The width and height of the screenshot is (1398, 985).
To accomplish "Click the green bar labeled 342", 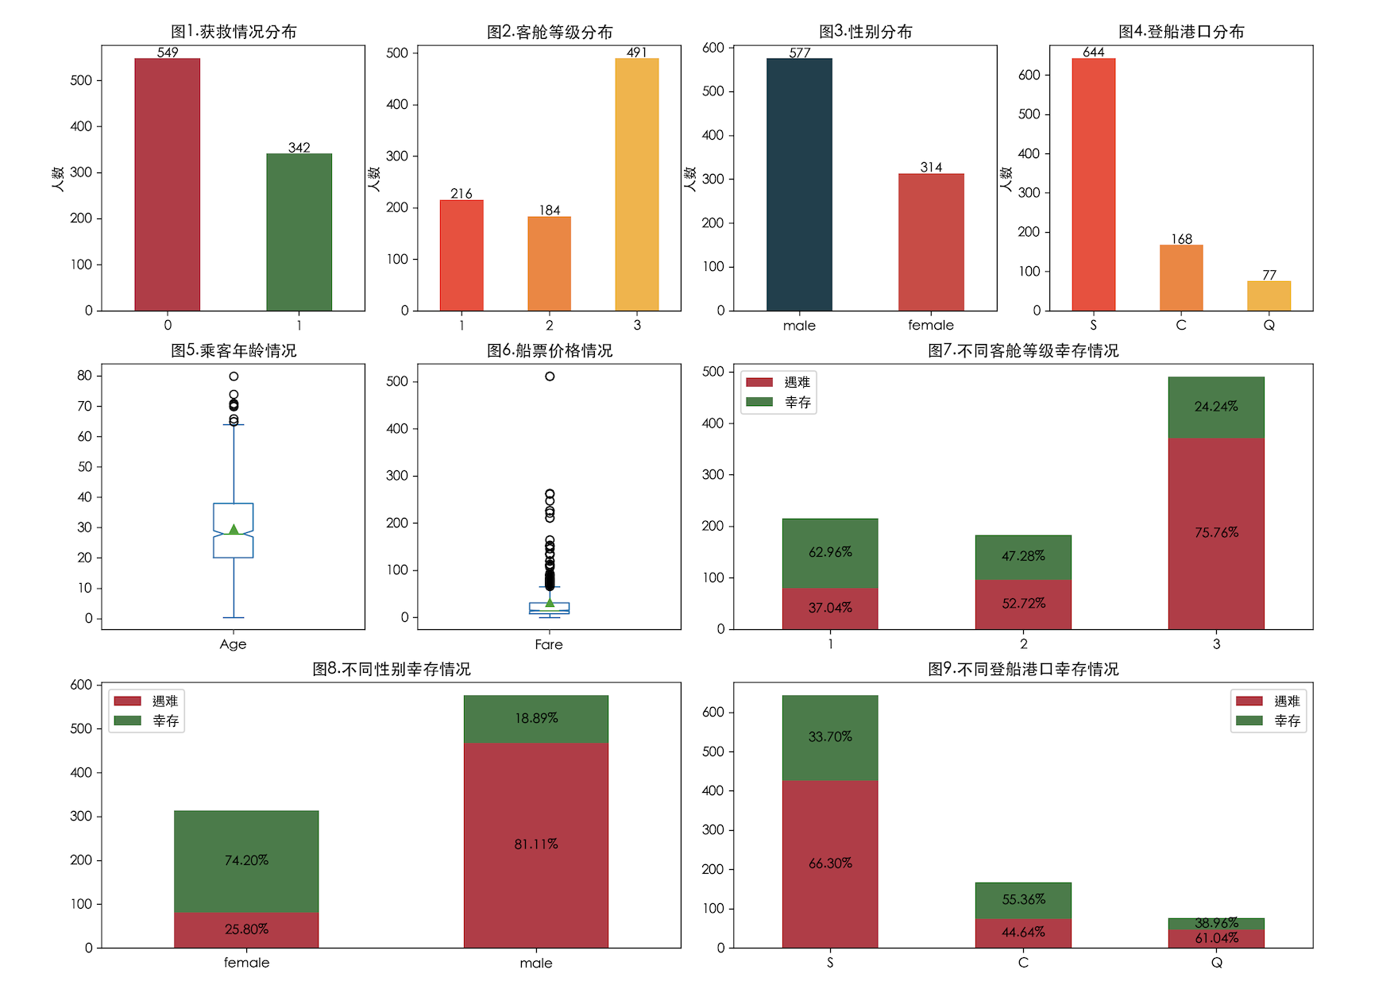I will [x=299, y=232].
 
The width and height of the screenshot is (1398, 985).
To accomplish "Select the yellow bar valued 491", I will [x=636, y=184].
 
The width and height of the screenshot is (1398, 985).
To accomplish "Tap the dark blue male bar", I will [x=799, y=184].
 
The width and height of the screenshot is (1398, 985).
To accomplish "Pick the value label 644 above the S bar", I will [x=1093, y=52].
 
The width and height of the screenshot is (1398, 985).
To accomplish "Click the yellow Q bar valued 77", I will [x=1269, y=295].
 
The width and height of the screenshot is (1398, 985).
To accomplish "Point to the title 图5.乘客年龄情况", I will [x=234, y=350].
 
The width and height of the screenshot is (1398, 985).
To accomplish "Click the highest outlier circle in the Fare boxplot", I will [x=550, y=377].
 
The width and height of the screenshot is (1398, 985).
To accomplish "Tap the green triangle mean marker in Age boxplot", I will [x=234, y=529].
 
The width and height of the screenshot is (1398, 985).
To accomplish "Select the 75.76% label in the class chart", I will [x=1216, y=532].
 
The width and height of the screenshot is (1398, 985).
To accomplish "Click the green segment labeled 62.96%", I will [x=830, y=553].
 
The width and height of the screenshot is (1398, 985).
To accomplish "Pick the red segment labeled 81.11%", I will [x=535, y=844].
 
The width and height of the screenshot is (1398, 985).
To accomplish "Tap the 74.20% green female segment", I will [x=246, y=861].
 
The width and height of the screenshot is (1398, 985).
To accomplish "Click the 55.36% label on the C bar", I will [x=1023, y=900].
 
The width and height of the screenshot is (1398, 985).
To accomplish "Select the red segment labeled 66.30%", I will [x=830, y=863].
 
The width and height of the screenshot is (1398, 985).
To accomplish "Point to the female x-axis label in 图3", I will [x=931, y=325].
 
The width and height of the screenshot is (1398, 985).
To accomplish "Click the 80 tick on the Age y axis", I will [x=84, y=376].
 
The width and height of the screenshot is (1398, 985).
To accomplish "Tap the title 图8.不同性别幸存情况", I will [x=392, y=669].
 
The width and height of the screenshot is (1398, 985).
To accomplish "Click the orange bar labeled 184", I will [x=549, y=264].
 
